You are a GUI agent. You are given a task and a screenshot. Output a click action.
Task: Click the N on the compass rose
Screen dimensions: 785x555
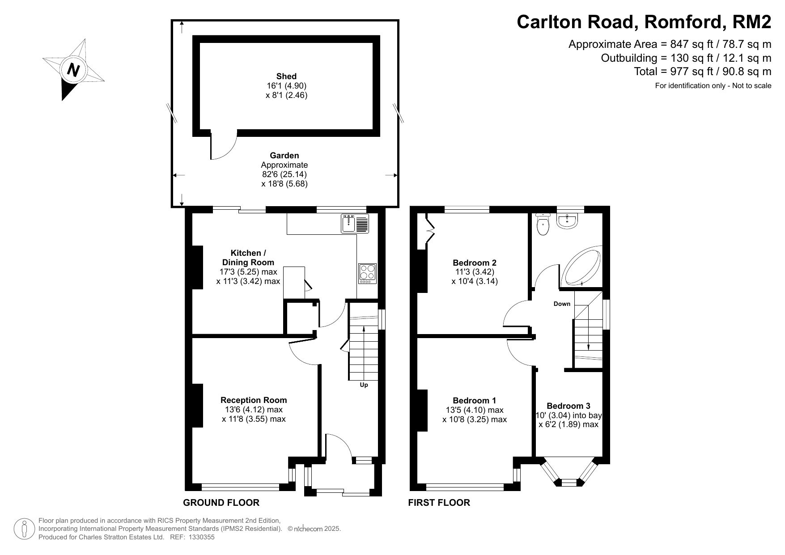coord(73,70)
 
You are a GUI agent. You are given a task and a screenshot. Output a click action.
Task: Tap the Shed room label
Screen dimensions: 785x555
coord(286,76)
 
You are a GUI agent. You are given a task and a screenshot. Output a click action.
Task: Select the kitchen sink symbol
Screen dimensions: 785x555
coord(355,223)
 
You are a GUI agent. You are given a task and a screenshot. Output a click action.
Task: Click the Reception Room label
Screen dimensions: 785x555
coord(254,400)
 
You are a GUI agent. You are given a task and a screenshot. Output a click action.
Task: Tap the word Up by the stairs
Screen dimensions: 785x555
coord(364,385)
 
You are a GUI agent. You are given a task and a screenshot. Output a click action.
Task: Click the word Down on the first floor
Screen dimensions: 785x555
coord(562,304)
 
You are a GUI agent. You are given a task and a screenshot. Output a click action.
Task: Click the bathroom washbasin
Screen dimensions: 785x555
coord(568,220)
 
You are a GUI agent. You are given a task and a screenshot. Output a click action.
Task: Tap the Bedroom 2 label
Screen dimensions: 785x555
coord(475,263)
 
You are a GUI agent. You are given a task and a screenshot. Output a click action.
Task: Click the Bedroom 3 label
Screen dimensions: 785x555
coord(569,406)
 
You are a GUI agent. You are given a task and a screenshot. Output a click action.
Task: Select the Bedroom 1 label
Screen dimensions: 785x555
coord(475,401)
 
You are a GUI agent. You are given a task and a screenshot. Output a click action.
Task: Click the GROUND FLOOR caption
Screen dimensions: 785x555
coord(221,503)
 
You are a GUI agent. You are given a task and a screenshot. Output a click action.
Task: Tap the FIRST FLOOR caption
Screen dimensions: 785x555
coord(439,503)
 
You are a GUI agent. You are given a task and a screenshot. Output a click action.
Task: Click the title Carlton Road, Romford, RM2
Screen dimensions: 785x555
coord(644,21)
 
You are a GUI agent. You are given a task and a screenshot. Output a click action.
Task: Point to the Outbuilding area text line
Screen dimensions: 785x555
coord(686,58)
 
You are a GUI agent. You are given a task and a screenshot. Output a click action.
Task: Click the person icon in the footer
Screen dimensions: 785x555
coord(24,529)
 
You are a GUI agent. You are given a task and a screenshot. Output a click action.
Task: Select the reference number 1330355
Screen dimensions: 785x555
coord(202,538)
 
